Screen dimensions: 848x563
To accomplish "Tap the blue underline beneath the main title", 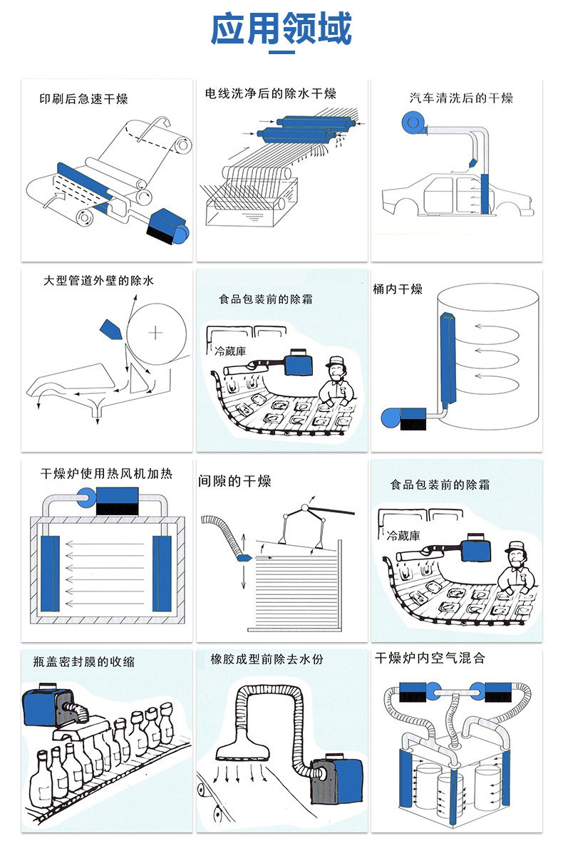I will click(x=281, y=52).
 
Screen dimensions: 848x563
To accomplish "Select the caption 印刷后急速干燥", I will click(x=83, y=99).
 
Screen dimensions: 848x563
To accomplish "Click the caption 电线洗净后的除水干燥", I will click(x=270, y=93).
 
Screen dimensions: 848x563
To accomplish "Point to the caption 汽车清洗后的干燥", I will click(x=460, y=98).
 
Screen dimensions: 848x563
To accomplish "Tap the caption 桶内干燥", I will click(x=398, y=289).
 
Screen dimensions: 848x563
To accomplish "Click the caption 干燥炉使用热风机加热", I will click(x=106, y=474).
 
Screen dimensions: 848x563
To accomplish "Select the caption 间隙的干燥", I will click(x=234, y=482).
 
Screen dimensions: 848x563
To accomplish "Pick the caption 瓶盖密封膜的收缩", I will click(x=83, y=661).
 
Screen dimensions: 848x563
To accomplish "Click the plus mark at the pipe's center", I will click(x=156, y=332).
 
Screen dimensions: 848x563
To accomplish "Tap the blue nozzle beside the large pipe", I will click(x=110, y=328).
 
